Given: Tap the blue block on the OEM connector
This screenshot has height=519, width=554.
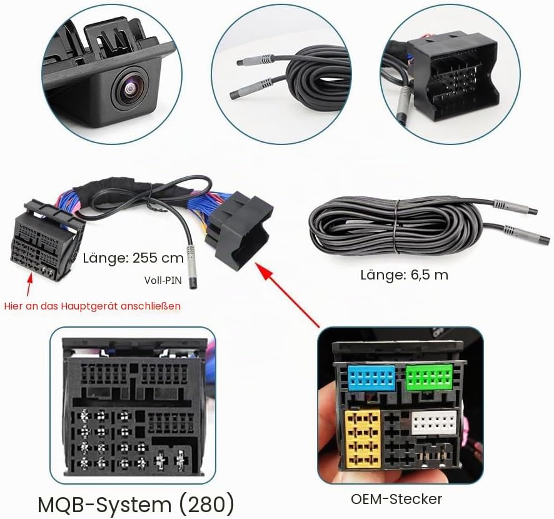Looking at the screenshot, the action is tap(371, 378).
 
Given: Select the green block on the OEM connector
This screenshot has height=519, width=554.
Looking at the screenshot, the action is tap(429, 378).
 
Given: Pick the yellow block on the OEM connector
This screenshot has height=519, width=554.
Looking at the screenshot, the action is tap(363, 439).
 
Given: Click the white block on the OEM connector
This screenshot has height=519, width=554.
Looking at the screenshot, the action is tap(434, 423).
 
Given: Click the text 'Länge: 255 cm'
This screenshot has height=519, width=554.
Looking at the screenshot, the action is tap(133, 258).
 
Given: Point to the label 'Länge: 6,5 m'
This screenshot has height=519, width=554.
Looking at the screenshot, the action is tap(404, 275).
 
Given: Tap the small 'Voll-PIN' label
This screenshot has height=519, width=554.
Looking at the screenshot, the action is tap(163, 281).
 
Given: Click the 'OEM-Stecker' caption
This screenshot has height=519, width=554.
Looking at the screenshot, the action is tap(396, 499).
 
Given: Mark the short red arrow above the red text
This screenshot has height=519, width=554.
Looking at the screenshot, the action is tap(29, 284).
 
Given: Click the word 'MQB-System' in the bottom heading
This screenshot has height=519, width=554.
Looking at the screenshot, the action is tap(105, 505).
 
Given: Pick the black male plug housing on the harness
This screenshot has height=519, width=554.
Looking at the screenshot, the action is tap(240, 229).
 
